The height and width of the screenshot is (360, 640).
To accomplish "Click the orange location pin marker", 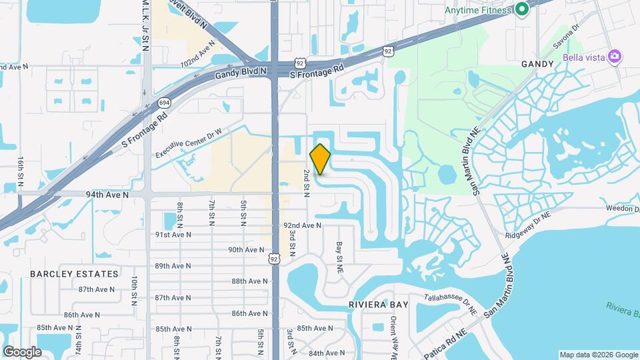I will click(x=320, y=159).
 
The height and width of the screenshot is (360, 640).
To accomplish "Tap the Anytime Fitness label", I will click(x=479, y=9).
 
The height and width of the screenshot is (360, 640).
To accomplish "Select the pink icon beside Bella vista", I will click(x=614, y=57).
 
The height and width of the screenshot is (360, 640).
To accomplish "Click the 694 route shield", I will click(x=164, y=103).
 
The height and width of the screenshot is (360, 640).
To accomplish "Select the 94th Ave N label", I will click(x=107, y=195).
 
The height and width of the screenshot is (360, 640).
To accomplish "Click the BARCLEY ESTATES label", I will click(x=74, y=274).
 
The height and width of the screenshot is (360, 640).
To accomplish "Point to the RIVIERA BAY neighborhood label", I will click(x=378, y=305).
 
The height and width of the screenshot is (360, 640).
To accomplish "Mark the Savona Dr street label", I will click(x=566, y=44).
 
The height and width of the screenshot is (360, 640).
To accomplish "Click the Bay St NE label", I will click(x=339, y=257).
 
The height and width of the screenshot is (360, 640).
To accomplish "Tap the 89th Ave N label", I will click(x=173, y=265).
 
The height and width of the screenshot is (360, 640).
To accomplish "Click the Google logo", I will click(x=22, y=351).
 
